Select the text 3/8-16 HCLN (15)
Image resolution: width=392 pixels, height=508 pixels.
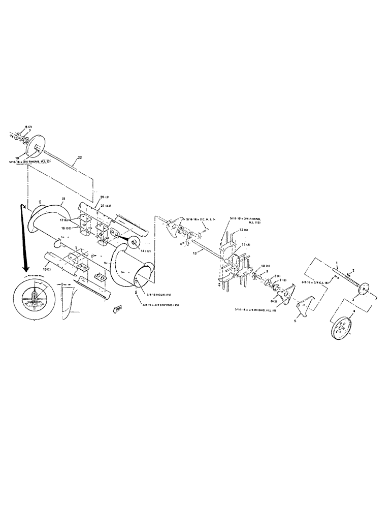coord(162,295)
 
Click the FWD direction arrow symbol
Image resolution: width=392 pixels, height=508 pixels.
coord(117,308)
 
